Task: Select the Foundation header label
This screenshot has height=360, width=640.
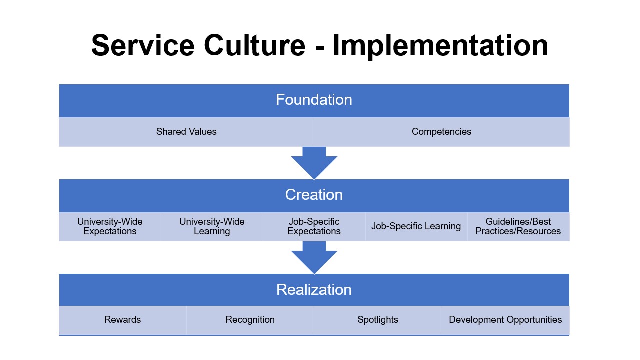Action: click(x=314, y=100)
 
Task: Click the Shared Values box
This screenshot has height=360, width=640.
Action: click(x=186, y=132)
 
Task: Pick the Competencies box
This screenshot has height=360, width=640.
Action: click(x=441, y=132)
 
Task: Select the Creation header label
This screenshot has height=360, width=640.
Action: click(x=314, y=195)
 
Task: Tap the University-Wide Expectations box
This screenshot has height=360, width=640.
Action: click(x=110, y=226)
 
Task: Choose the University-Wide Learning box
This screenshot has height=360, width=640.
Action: click(x=212, y=226)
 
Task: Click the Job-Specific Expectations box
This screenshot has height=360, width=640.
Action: click(x=314, y=226)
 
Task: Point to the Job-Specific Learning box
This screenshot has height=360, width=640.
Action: click(x=416, y=226)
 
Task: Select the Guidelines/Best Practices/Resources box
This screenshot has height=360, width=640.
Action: click(x=518, y=226)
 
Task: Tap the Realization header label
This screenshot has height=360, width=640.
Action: click(x=314, y=290)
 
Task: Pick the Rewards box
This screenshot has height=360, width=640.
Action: click(x=123, y=320)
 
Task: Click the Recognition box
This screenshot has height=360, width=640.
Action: click(x=250, y=320)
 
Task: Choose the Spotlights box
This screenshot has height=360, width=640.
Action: click(x=378, y=320)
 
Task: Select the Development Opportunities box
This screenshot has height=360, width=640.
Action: click(x=505, y=320)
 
